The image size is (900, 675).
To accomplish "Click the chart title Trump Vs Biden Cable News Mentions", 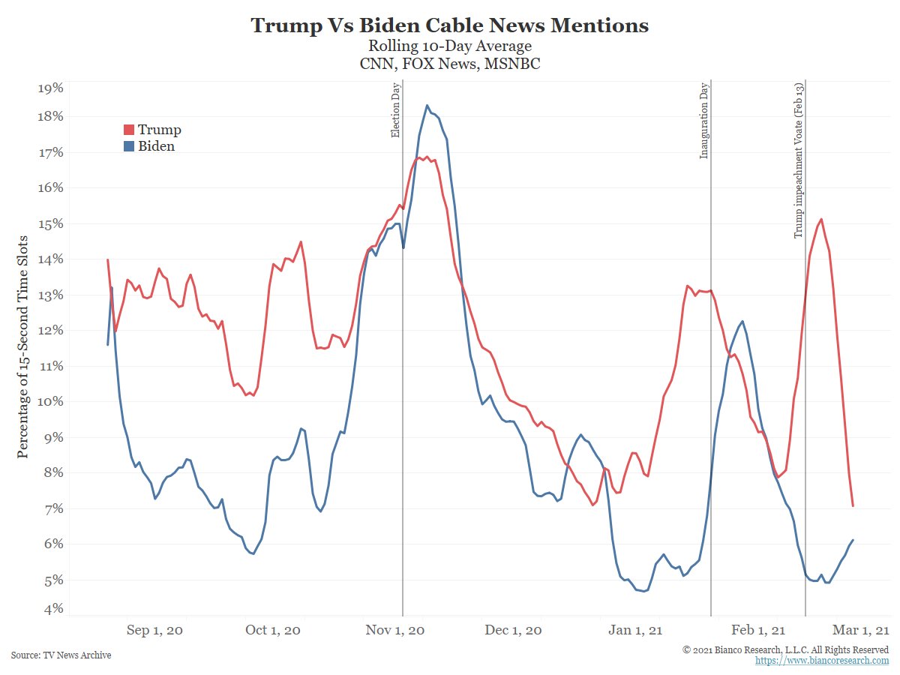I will [x=449, y=25].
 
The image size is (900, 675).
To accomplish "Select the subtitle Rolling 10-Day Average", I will [x=449, y=47].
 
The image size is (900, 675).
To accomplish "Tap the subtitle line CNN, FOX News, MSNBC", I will [x=449, y=64].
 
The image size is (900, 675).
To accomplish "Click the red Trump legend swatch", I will [x=128, y=130].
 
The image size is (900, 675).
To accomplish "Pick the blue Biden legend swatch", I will [x=128, y=147].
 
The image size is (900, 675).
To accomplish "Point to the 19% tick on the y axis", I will [x=50, y=88].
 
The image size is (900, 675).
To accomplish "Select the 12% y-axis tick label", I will [x=50, y=331].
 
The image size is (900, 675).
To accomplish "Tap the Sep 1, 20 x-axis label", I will [x=155, y=631].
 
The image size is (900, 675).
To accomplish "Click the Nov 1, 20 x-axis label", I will [x=394, y=631].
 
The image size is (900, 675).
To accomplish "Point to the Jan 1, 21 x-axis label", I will [x=631, y=631].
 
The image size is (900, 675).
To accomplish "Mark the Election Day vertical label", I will [x=396, y=111].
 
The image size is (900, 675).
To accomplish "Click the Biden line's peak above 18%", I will [x=427, y=105].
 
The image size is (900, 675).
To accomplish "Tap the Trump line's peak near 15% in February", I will [x=821, y=219].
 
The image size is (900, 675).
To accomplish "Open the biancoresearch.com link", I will [x=821, y=661].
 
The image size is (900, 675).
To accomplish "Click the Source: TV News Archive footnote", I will [x=61, y=655].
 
